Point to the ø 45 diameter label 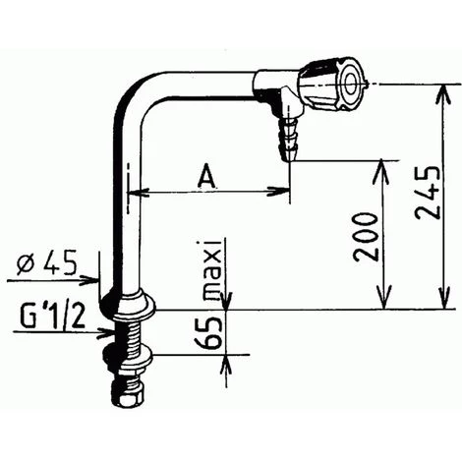click(46, 264)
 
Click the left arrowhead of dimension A click(138, 192)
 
